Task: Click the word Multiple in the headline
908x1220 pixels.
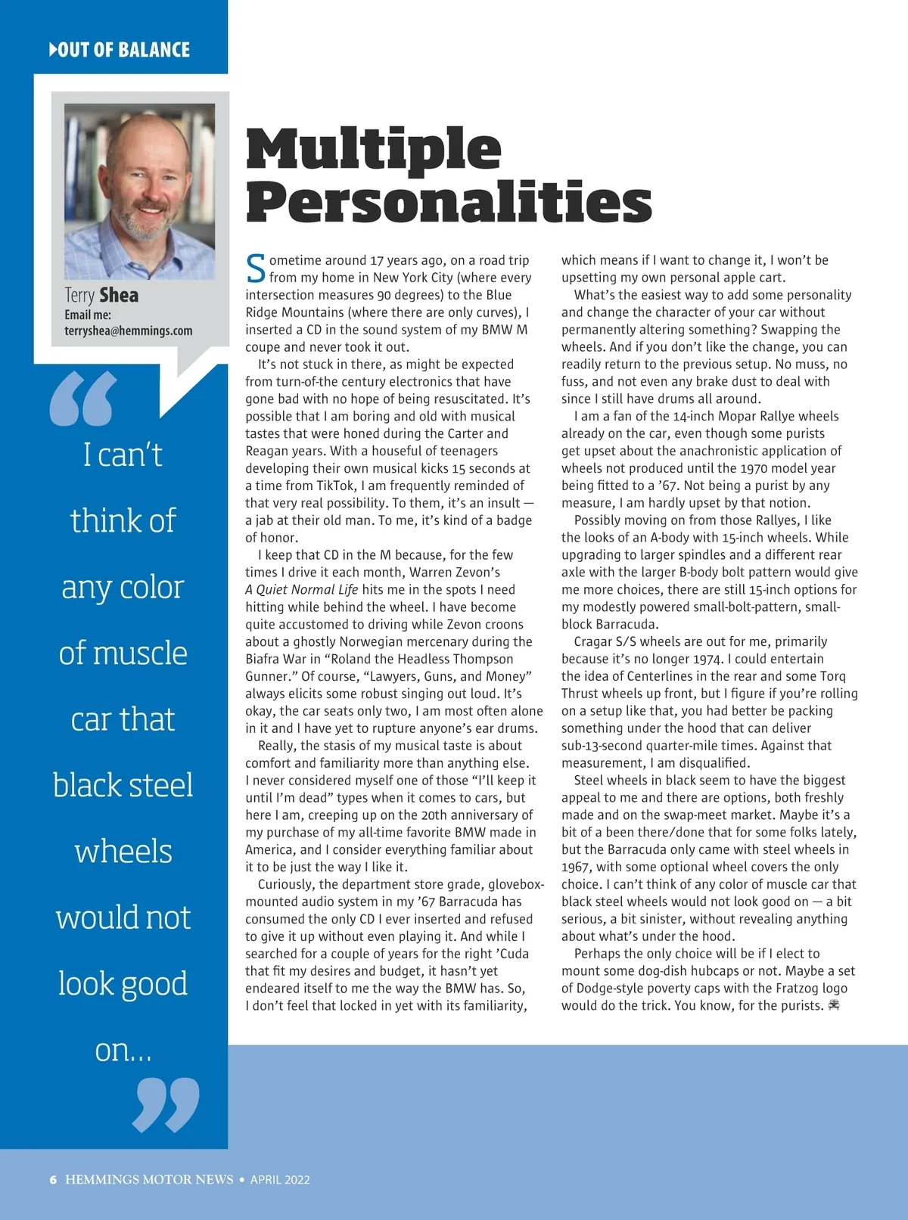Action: coord(373,149)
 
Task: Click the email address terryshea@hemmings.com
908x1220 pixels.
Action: coord(129,331)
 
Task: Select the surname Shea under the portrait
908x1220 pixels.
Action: coord(119,295)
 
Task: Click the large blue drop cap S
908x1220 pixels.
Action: coord(256,269)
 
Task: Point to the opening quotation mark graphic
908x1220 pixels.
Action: coord(83,398)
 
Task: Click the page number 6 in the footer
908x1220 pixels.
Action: coord(53,1179)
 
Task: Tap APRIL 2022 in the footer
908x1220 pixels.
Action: coord(280,1179)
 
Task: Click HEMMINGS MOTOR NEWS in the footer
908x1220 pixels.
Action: coord(149,1179)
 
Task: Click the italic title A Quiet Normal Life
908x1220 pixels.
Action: coord(302,590)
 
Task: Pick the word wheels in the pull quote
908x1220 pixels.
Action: coord(123,851)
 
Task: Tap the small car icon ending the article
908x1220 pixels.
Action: coord(834,1005)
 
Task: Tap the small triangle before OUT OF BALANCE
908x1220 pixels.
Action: coord(53,50)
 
